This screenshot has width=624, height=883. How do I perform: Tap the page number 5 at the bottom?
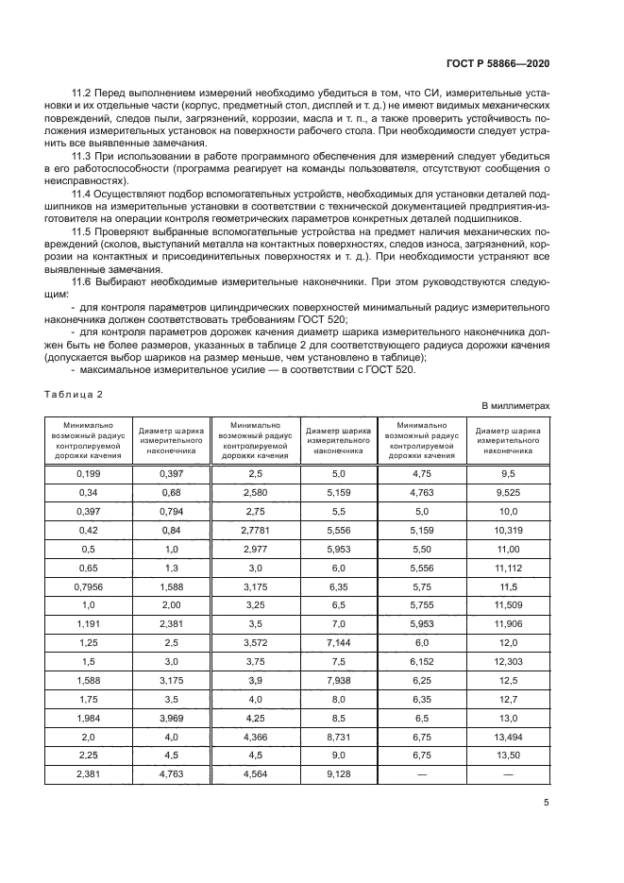point(547,804)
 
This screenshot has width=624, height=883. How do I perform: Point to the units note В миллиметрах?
point(514,405)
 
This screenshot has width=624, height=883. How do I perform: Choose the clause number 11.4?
point(83,192)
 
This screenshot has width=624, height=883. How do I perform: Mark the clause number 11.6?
point(83,282)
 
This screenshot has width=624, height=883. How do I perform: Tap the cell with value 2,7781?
point(255,531)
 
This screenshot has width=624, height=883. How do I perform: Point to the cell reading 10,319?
point(507,531)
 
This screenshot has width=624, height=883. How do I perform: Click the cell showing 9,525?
point(507,491)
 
